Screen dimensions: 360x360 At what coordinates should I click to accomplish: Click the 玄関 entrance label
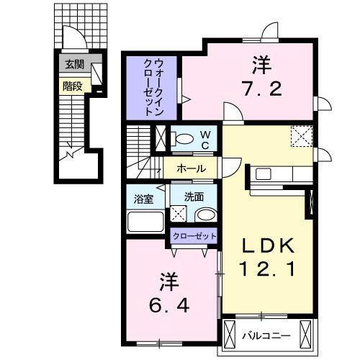pyautogui.click(x=74, y=64)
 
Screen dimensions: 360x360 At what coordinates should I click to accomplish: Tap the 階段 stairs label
pyautogui.click(x=72, y=86)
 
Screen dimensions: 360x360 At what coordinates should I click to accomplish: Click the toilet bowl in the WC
pyautogui.click(x=184, y=138)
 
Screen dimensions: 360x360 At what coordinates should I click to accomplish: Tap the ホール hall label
pyautogui.click(x=191, y=168)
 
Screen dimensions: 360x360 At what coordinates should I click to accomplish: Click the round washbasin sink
pyautogui.click(x=207, y=215)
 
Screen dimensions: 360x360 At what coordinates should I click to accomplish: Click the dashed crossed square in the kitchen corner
pyautogui.click(x=302, y=135)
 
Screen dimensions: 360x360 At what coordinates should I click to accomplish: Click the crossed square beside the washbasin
pyautogui.click(x=179, y=214)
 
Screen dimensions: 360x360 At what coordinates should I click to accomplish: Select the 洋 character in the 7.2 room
pyautogui.click(x=261, y=66)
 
